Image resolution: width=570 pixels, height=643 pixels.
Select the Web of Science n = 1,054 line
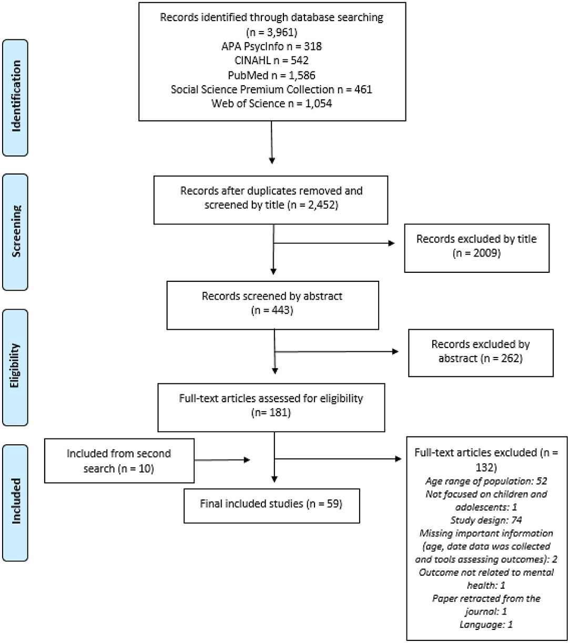(x=271, y=103)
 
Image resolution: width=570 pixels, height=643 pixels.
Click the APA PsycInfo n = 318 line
(x=271, y=46)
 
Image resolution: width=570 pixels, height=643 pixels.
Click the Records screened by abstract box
(x=272, y=303)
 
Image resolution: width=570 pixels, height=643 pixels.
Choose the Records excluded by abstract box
(x=481, y=352)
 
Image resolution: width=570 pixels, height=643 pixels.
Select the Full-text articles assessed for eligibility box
(x=271, y=405)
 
